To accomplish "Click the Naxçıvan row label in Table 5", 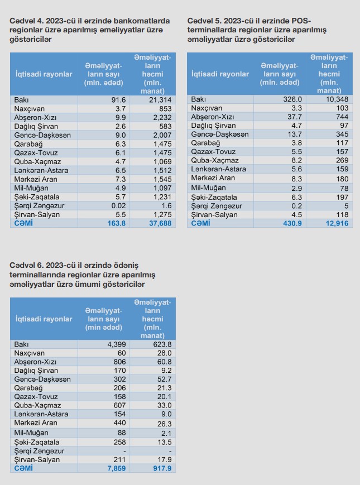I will [207, 108].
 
